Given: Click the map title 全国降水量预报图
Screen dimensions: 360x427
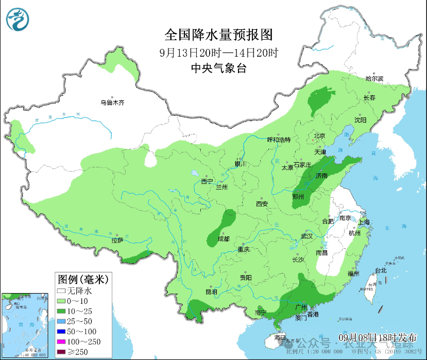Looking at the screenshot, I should pos(218,35).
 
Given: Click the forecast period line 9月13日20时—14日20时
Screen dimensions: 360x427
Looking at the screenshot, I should pos(218,52).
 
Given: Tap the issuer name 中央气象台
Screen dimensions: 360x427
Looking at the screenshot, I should pos(218,67).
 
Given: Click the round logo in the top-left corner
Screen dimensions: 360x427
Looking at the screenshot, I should pos(18,20).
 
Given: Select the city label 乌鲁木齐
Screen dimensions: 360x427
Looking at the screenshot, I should pos(112,102).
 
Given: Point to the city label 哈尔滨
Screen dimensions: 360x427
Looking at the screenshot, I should pos(374,79).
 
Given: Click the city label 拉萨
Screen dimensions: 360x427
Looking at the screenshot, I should pos(117,240).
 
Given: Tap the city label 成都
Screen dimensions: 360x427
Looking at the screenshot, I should pos(223,238).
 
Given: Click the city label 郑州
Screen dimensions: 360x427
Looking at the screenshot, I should pos(298,197).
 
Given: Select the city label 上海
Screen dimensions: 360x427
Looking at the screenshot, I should pos(364,222).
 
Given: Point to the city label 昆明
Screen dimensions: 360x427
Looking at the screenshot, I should pos(211,292).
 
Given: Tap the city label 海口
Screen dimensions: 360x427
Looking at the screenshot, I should pos(280,337).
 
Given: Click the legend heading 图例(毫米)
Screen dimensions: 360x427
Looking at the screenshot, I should pos(82,280).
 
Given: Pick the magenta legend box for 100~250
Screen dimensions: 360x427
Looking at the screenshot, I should pos(61,341).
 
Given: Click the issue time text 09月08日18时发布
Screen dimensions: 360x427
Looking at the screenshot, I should pos(378,337).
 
